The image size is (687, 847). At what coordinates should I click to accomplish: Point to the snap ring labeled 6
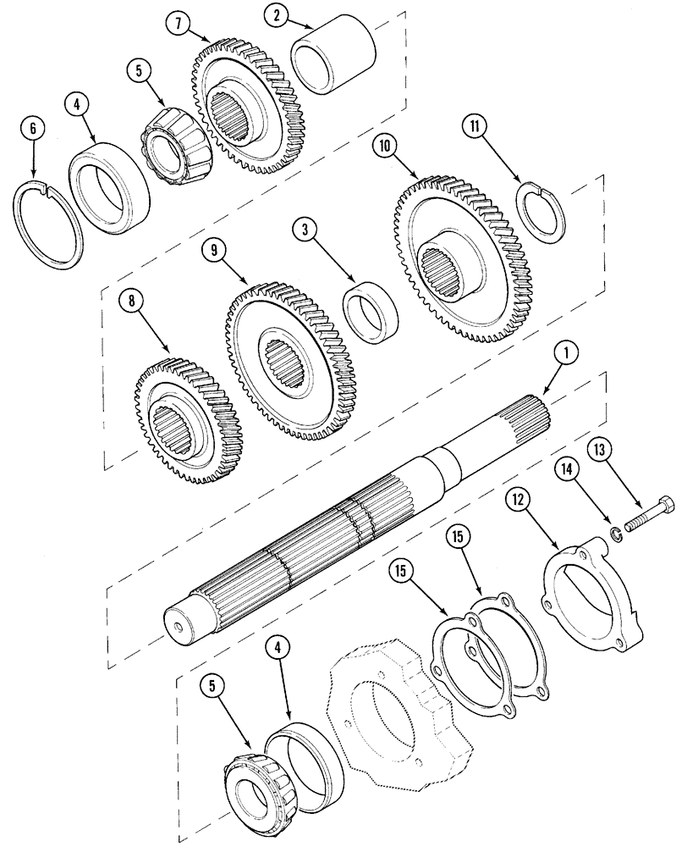point(50,224)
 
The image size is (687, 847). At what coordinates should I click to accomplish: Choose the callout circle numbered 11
point(475,128)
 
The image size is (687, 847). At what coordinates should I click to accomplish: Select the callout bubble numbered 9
point(215,251)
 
